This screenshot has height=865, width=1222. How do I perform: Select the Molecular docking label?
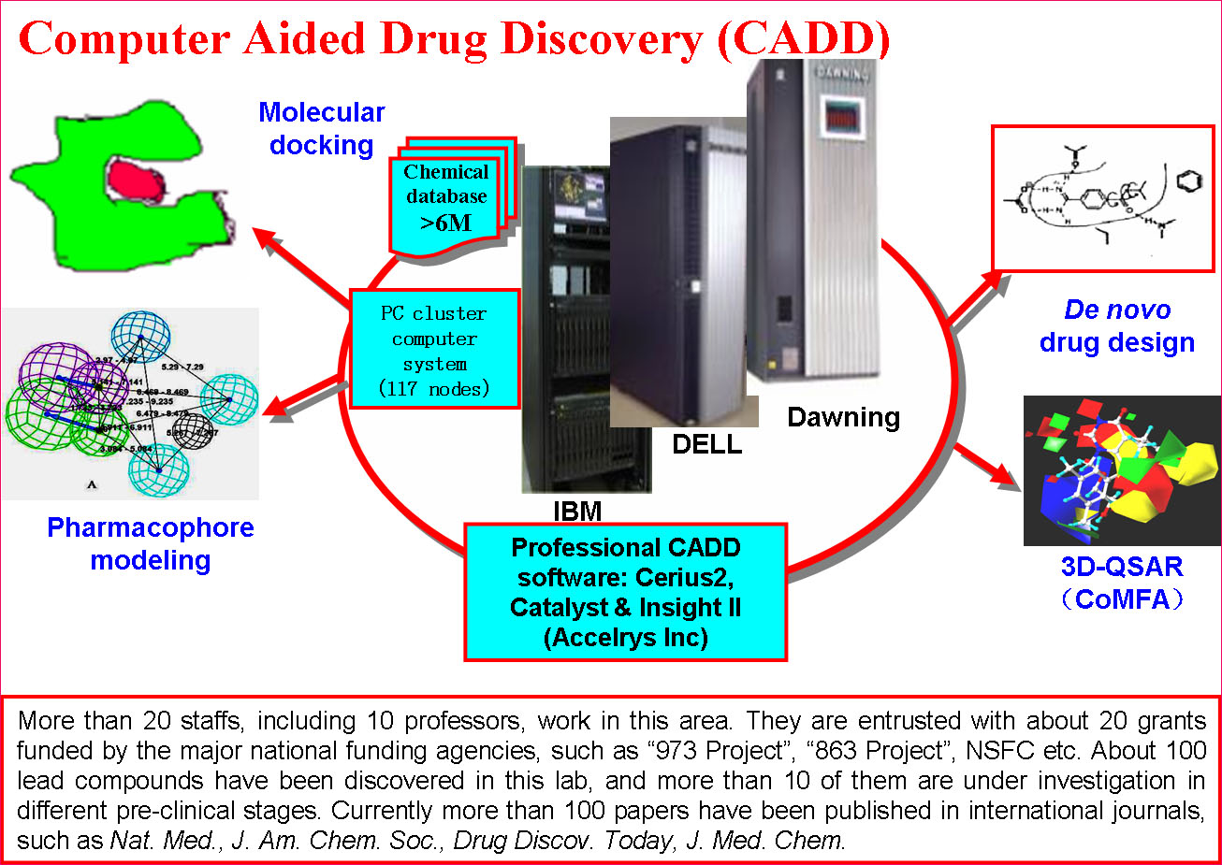[321, 129]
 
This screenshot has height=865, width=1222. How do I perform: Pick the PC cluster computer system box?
[434, 350]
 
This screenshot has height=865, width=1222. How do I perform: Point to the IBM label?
[577, 512]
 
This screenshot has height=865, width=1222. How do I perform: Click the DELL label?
[706, 445]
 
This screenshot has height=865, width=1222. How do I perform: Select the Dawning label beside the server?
[843, 417]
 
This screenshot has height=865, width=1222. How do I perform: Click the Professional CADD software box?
[625, 592]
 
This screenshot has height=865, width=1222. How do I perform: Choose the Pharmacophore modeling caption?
[150, 543]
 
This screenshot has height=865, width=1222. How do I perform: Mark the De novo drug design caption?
[1117, 326]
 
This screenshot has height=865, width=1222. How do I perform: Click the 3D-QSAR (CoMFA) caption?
[1122, 582]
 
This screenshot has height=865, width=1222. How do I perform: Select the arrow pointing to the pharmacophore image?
[301, 396]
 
